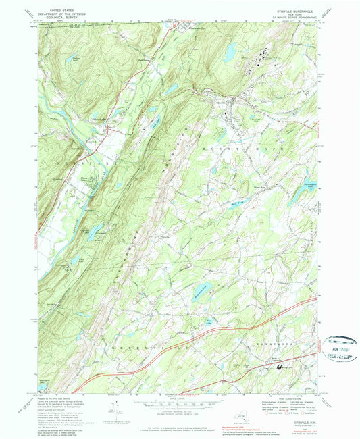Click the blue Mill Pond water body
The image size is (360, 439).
[236, 202]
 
